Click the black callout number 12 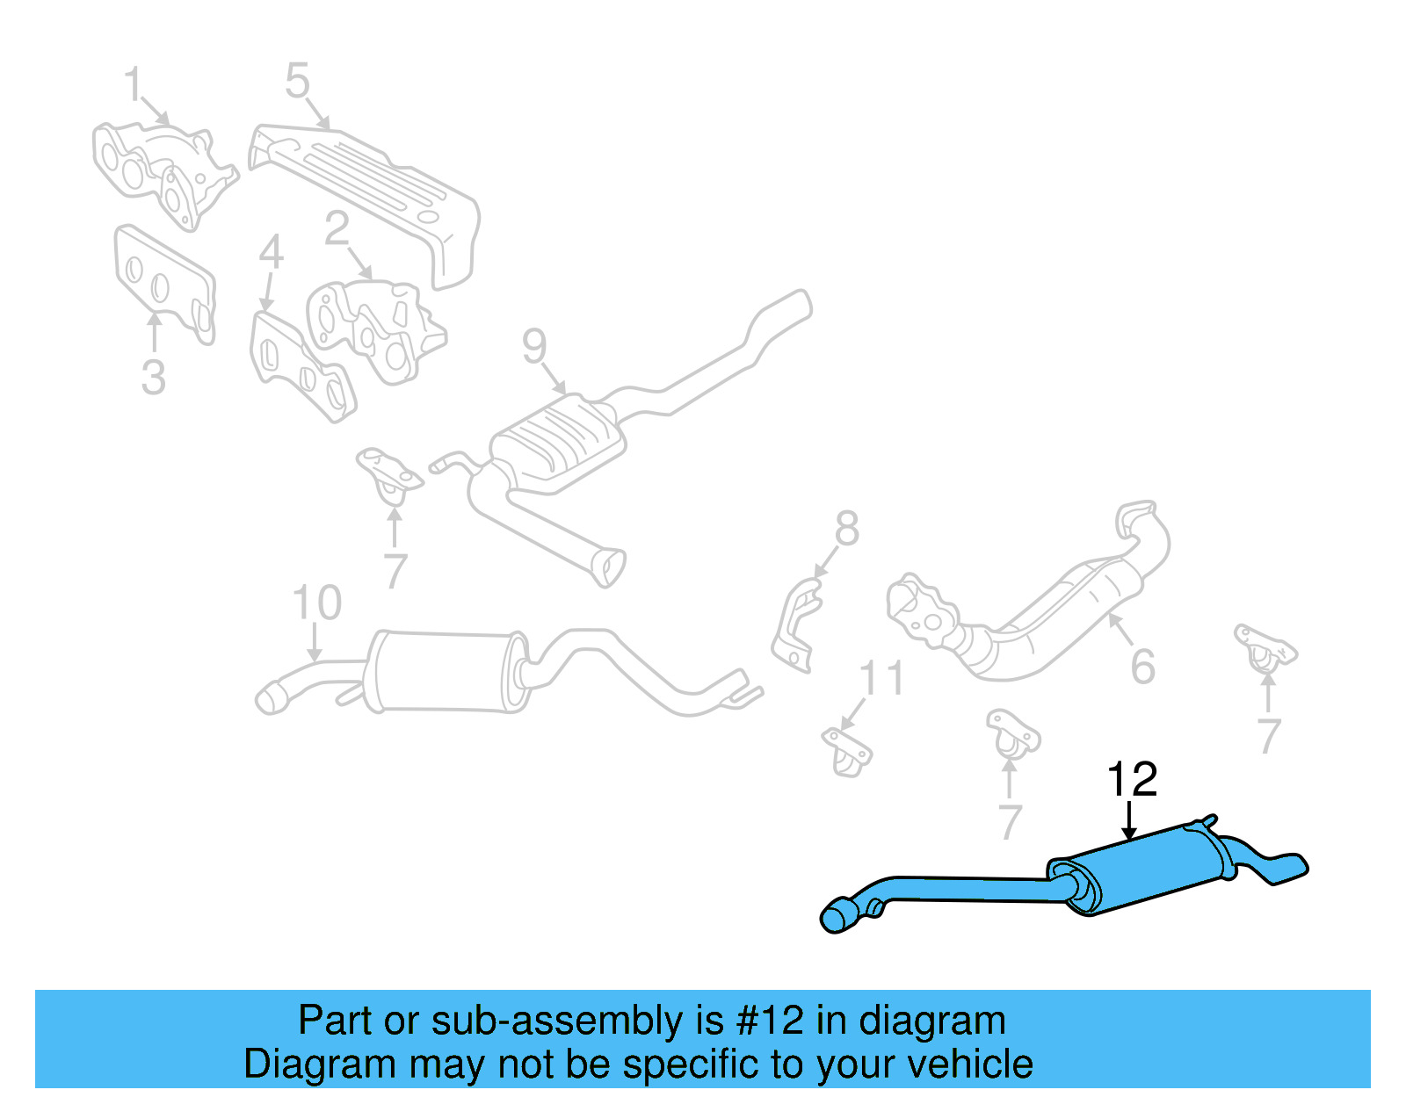(1132, 779)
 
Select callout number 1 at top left (133, 85)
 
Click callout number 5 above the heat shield (298, 81)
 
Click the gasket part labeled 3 (163, 281)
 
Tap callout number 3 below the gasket (153, 378)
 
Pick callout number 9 (534, 346)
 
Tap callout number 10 (316, 603)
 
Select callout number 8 (846, 529)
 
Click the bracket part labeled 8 (795, 628)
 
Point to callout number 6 (1142, 667)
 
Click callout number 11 (881, 679)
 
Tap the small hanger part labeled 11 (847, 751)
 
